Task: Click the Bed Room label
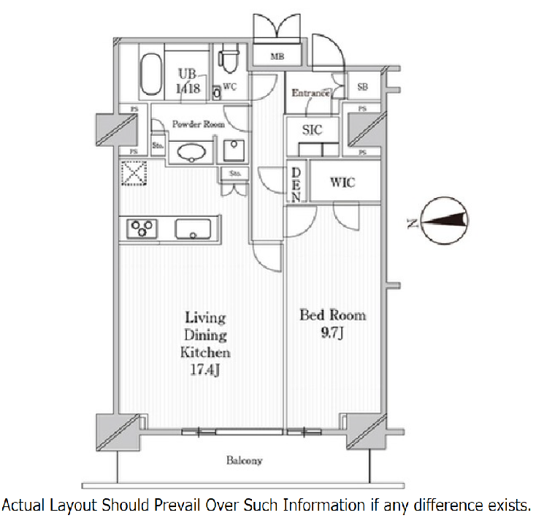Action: (332, 315)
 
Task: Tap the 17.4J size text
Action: (205, 370)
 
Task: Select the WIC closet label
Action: (342, 182)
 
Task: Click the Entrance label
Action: (310, 93)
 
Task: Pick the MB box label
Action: (277, 56)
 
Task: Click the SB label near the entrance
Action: (362, 88)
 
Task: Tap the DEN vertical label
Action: (296, 184)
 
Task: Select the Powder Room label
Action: (198, 124)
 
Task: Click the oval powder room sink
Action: (191, 152)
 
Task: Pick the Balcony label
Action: (244, 461)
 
